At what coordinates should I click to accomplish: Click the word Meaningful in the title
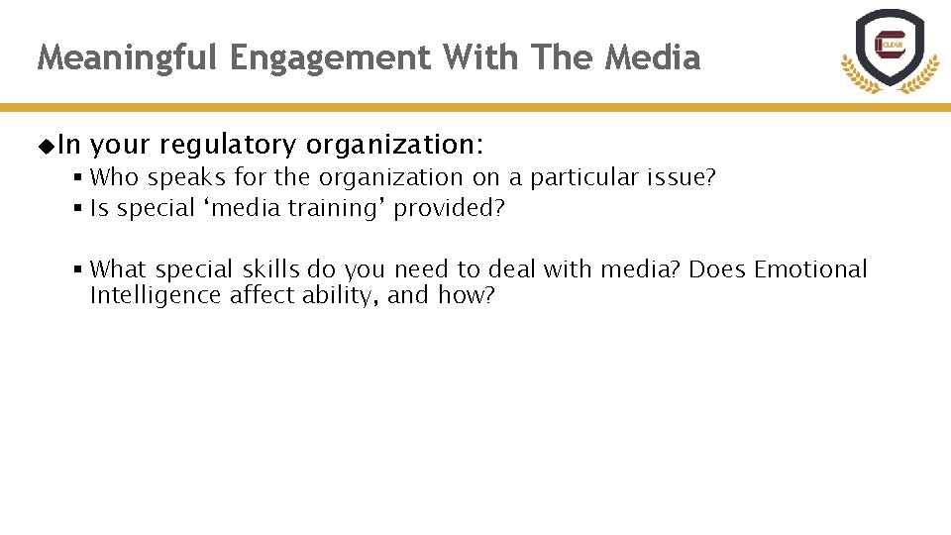pos(128,58)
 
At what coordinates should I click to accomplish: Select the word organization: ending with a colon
pos(394,147)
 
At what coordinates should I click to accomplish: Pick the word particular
pos(585,178)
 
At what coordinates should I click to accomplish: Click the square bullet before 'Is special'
pos(76,209)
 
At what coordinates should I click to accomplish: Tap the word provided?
pos(450,209)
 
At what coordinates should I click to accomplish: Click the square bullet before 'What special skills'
pos(76,269)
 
